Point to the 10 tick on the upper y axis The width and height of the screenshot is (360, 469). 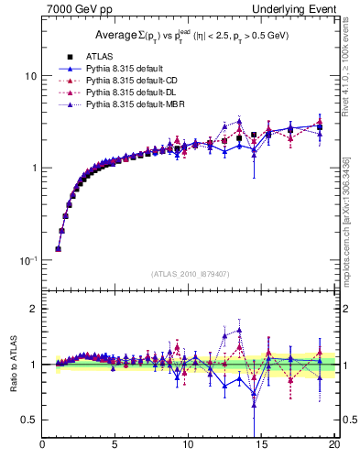[30, 75]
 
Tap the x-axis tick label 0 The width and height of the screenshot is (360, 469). [42, 446]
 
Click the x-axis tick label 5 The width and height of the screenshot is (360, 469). [115, 446]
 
